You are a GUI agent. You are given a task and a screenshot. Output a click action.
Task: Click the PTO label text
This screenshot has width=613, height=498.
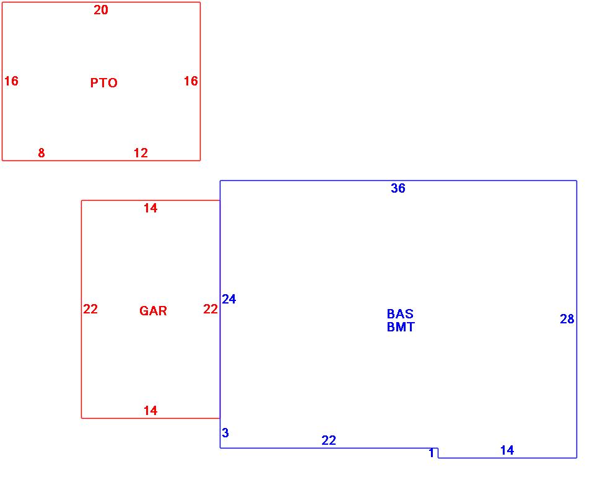pyautogui.click(x=103, y=83)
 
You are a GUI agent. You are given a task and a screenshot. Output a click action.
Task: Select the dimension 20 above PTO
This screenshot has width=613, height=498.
pyautogui.click(x=101, y=10)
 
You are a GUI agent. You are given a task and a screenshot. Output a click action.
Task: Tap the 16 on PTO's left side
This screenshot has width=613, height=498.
pyautogui.click(x=11, y=81)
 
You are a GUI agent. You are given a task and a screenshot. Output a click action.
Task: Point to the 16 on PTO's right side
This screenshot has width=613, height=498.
pyautogui.click(x=191, y=81)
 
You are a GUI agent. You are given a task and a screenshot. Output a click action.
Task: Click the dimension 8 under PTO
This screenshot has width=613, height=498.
pyautogui.click(x=41, y=153)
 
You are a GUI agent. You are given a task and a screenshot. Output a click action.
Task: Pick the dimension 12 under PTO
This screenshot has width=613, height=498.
pyautogui.click(x=141, y=153)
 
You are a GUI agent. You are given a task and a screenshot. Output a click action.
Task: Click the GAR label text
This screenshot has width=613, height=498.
pyautogui.click(x=153, y=311)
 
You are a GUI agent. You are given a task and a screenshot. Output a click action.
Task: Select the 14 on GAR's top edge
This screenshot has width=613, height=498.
pyautogui.click(x=150, y=208)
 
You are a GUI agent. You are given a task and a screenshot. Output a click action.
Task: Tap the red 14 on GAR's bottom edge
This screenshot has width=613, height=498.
pyautogui.click(x=150, y=411)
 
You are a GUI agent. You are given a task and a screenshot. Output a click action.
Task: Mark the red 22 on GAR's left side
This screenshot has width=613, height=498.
pyautogui.click(x=90, y=309)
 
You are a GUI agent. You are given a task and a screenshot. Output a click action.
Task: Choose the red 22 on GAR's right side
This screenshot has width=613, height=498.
pyautogui.click(x=211, y=309)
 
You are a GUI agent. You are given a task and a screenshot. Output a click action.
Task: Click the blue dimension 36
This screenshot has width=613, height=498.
pyautogui.click(x=398, y=188)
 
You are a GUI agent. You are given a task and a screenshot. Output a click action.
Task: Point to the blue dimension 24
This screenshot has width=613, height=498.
pyautogui.click(x=229, y=299)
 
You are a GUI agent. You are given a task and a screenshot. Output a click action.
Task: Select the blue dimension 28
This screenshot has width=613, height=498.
pyautogui.click(x=567, y=319)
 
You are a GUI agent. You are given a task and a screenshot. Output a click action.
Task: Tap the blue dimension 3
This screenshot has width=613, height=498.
pyautogui.click(x=225, y=433)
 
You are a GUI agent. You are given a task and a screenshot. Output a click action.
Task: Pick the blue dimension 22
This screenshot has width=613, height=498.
pyautogui.click(x=329, y=440)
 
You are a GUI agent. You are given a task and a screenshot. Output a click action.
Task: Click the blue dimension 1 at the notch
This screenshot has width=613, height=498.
pyautogui.click(x=432, y=453)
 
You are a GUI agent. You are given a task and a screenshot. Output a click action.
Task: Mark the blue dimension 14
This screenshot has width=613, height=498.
pyautogui.click(x=507, y=450)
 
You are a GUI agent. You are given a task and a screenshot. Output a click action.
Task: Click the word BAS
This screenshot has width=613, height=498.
pyautogui.click(x=400, y=314)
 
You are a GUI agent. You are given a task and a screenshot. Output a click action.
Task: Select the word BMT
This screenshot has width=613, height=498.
pyautogui.click(x=401, y=327)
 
